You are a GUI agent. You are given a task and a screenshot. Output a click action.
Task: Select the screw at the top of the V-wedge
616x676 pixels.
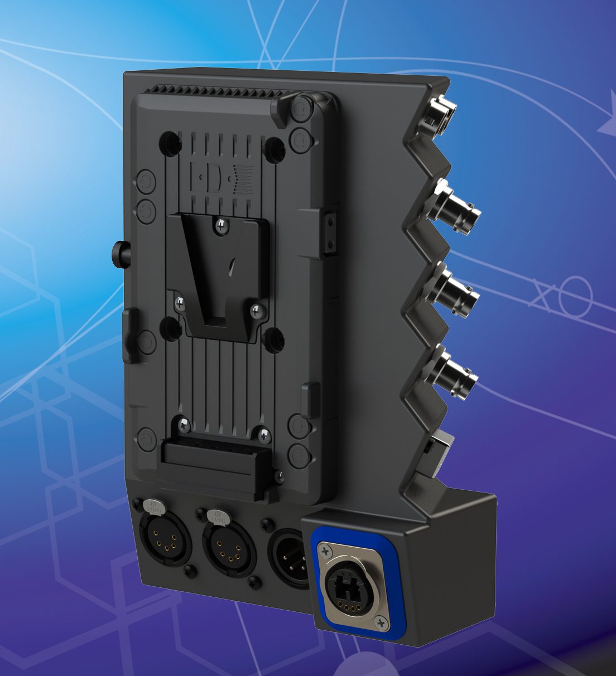222,225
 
